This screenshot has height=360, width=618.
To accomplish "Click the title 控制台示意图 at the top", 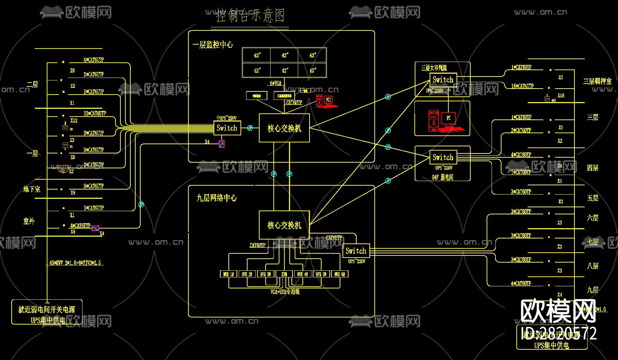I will pos(250,16).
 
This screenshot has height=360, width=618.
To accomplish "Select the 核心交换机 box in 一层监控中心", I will pos(284,128).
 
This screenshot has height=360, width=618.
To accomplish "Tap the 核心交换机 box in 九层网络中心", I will pos(284,225).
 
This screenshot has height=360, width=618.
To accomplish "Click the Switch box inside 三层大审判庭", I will pos(443,80).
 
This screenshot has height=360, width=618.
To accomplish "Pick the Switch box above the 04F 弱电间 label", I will pos(443,157).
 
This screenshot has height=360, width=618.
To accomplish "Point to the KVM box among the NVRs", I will pos(284,274).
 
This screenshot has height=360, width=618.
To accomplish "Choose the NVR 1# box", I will pos(228,274).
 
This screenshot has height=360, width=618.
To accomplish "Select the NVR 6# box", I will pos(340,274).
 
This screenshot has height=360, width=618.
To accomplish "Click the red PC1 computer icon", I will pos(326,101).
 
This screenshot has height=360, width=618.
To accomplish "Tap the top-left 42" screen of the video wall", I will pos(256,55).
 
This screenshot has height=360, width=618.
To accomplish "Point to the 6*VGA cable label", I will pos(276,83).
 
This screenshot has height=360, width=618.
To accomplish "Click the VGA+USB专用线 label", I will pos(285,292).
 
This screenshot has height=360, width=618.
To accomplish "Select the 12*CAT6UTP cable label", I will pos(95,113).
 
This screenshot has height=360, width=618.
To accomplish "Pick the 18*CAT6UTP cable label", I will pos(522,86).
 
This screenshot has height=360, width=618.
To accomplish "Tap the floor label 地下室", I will pos(32,189).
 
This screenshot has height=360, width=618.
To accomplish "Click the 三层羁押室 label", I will pos(597,81).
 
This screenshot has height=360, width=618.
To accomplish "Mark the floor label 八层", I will pos(593,266).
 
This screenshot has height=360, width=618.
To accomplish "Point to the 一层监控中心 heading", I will pos(213,45).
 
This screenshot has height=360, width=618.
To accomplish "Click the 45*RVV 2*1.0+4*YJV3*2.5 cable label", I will pos(75,263).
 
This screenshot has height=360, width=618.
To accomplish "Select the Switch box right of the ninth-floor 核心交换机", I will pos(356,251).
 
